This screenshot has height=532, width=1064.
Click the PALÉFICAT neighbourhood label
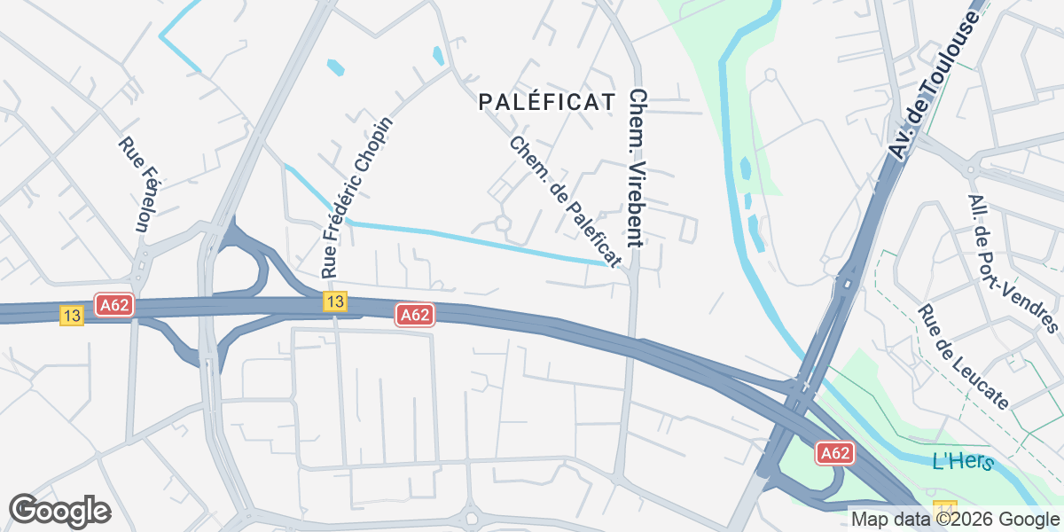[x=546, y=102]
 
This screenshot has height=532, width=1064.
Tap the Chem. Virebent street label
[x=635, y=168]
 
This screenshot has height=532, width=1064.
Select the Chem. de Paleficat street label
[x=564, y=201]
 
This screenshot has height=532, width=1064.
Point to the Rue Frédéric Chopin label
[x=356, y=194]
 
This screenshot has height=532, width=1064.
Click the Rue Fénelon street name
[x=132, y=185]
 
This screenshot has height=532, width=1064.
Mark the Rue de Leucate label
[x=964, y=357]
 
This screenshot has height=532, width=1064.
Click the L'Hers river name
[x=963, y=462]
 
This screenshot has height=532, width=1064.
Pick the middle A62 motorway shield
[x=415, y=315]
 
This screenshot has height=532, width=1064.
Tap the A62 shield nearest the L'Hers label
[x=834, y=453]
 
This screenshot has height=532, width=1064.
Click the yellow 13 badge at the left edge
[x=72, y=315]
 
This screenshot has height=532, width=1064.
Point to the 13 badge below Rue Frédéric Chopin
[x=333, y=301]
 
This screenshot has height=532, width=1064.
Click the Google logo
[x=59, y=511]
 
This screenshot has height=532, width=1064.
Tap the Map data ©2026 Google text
[x=955, y=519]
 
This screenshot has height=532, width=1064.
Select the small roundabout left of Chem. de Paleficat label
[x=504, y=223]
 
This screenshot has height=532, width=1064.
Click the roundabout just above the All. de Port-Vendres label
[x=973, y=168]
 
